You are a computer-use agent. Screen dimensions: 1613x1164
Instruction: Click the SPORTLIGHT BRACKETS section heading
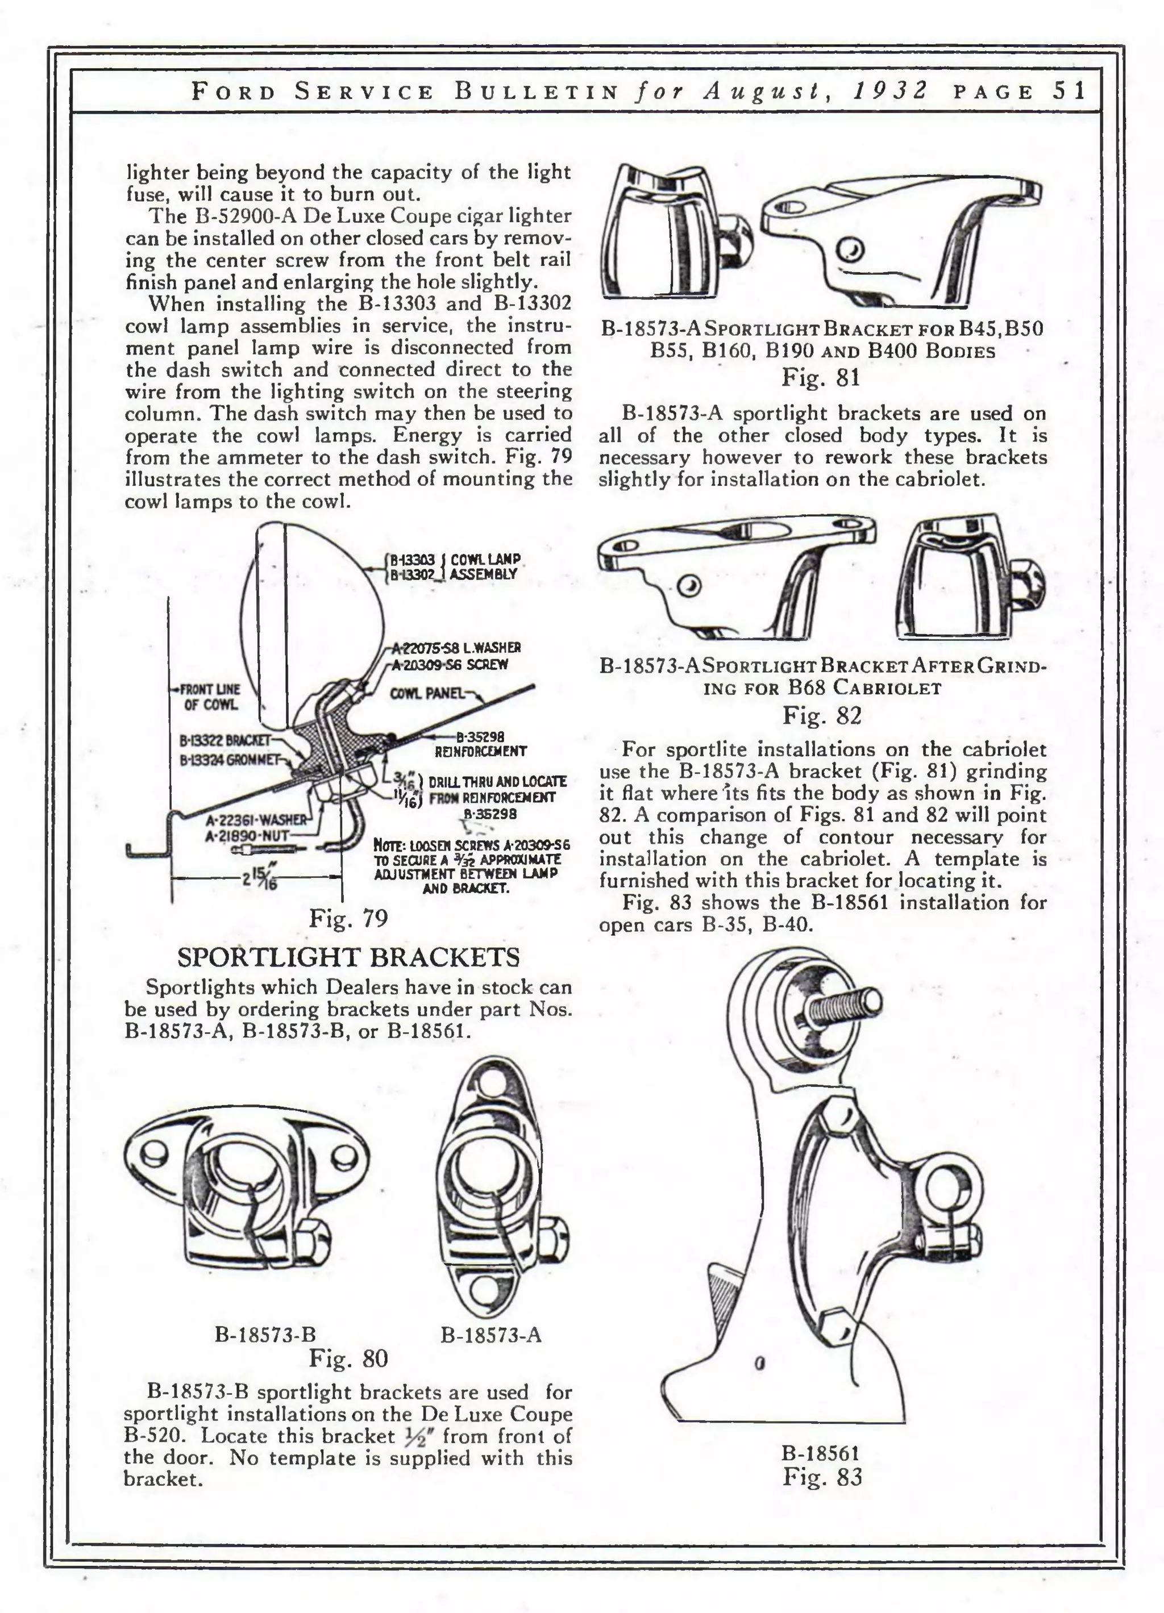(348, 957)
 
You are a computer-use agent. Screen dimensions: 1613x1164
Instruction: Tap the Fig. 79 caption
(348, 918)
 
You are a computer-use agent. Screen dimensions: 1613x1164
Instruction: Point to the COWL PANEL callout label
(426, 692)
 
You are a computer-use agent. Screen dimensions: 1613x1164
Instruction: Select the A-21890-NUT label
(247, 836)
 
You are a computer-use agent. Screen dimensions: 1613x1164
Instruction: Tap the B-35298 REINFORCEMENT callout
(480, 744)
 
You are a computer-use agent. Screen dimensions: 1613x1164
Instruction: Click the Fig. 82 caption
(822, 715)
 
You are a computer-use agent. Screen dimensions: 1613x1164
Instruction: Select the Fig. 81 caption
(821, 376)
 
